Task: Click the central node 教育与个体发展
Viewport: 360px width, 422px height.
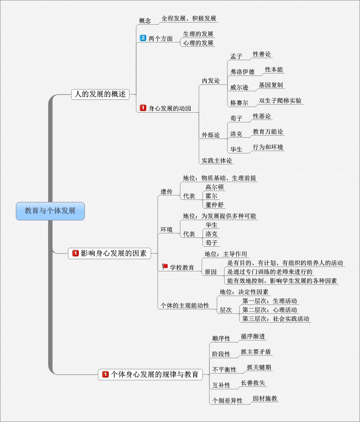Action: [x=50, y=211]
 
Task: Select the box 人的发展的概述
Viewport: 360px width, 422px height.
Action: [x=100, y=94]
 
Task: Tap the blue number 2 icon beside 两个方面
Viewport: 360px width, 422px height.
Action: [x=143, y=38]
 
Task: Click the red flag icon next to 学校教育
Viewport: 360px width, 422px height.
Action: [x=165, y=267]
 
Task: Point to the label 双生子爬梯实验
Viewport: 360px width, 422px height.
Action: [x=280, y=101]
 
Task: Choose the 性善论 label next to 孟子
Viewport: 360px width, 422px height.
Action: [x=262, y=54]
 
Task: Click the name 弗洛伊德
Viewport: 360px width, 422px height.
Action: [x=242, y=72]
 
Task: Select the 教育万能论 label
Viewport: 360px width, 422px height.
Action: [x=268, y=132]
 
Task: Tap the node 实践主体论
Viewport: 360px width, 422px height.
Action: [x=217, y=161]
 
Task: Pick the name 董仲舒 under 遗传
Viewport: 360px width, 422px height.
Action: [x=214, y=205]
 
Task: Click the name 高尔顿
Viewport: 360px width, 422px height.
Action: [x=214, y=187]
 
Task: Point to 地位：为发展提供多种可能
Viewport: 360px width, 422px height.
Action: [x=219, y=216]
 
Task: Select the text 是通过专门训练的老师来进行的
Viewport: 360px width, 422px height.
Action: [x=270, y=272]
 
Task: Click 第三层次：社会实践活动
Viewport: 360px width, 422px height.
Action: [x=276, y=319]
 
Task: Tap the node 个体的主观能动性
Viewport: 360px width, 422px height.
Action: [x=185, y=305]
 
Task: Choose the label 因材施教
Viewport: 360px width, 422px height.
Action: [x=265, y=399]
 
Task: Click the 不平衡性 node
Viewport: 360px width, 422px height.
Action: [x=224, y=370]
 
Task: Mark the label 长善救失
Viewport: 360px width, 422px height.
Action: [x=253, y=383]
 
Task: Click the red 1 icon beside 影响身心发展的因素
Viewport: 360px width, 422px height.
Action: [x=75, y=254]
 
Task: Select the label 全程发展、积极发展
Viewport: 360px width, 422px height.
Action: [x=189, y=19]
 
